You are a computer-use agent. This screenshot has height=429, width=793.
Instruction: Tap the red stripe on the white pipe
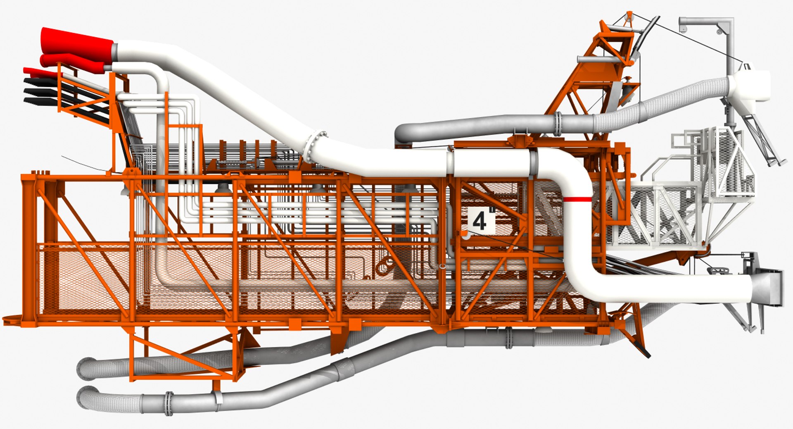pyautogui.click(x=577, y=200)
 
